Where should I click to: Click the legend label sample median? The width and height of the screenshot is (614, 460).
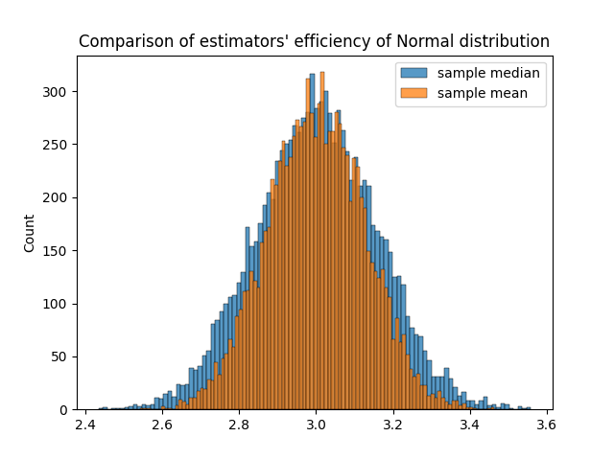pos(488,73)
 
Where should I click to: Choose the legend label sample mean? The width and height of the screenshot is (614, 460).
pos(482,94)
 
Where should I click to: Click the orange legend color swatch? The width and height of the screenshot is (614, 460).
pos(414,94)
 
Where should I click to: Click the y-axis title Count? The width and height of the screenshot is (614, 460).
pos(29,233)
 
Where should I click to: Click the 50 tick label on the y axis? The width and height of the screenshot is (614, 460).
pos(62,356)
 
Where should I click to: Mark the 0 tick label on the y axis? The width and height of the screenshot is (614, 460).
pos(66,410)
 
